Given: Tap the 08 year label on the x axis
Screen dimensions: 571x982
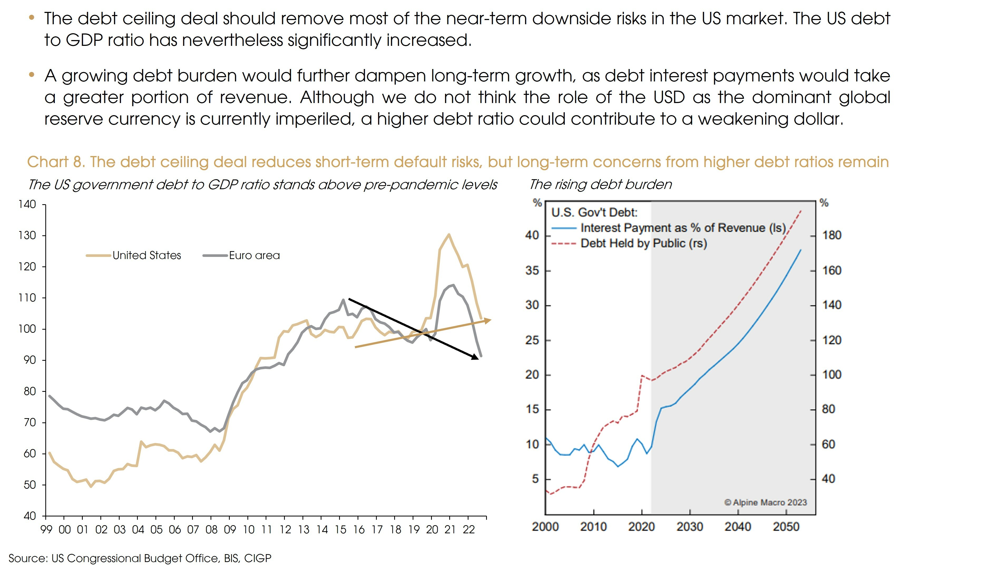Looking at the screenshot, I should click(x=212, y=530).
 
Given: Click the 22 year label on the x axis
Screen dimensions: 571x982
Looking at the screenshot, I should click(x=468, y=530).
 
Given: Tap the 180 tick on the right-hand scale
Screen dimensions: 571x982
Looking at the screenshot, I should click(x=832, y=235).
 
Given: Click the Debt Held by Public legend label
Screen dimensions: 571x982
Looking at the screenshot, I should click(x=643, y=243).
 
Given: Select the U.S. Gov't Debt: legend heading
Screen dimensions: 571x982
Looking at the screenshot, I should click(x=594, y=212).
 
